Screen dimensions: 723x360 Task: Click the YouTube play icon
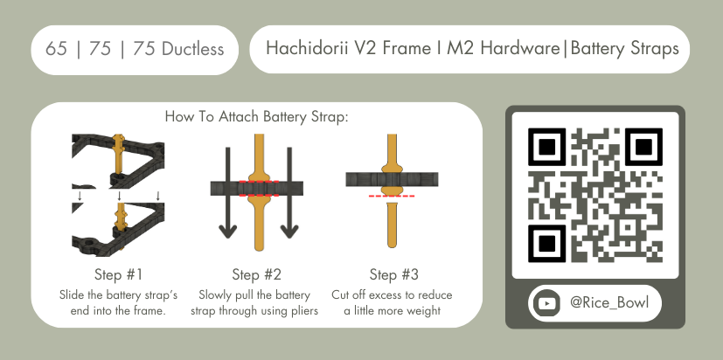click(546, 303)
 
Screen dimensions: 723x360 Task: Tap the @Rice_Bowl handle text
click(609, 303)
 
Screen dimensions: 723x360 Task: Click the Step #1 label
click(119, 274)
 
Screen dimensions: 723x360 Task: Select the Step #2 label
click(257, 274)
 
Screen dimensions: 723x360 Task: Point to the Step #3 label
click(394, 274)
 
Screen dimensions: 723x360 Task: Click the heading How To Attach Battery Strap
click(256, 116)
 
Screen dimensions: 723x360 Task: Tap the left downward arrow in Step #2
click(228, 193)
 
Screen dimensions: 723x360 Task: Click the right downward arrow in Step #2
click(289, 193)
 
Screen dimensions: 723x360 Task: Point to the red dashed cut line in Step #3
click(392, 197)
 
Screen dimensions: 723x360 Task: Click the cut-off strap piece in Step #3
click(392, 225)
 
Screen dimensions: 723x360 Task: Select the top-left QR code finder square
click(547, 147)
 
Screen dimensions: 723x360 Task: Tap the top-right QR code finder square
click(643, 147)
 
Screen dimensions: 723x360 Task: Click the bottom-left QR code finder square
click(547, 244)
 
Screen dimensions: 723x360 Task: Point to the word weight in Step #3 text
click(425, 312)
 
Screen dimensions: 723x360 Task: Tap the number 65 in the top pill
click(56, 49)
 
